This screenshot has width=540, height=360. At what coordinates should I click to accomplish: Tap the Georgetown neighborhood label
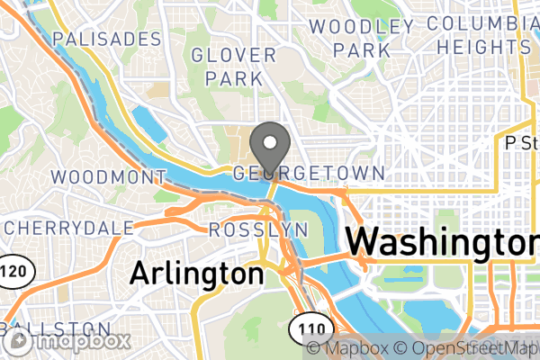(x=309, y=173)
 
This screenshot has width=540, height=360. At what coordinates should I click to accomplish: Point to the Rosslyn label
(x=258, y=230)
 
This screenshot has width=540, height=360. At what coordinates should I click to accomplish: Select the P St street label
(x=520, y=142)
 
